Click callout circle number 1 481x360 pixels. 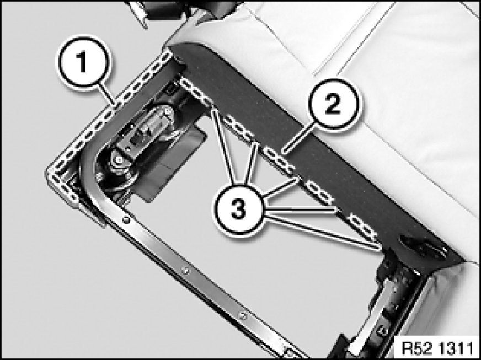pos(83,63)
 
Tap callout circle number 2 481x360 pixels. pos(333,104)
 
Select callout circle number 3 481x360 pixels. pos(238,210)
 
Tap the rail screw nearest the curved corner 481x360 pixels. pos(125,219)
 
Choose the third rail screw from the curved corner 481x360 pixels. pos(243,316)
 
